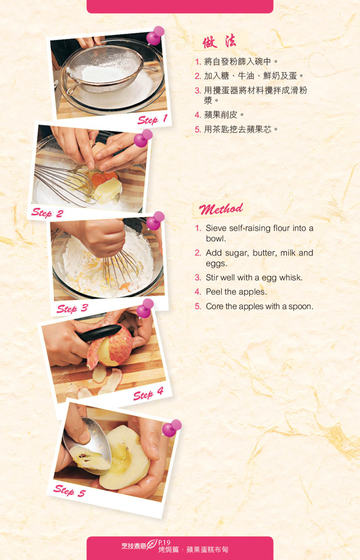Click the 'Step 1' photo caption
click(x=152, y=119)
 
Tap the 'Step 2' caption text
click(x=47, y=213)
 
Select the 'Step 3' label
click(x=72, y=308)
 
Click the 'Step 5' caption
click(x=70, y=491)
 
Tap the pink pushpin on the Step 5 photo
click(x=172, y=428)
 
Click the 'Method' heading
click(x=221, y=209)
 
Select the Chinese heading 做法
click(x=219, y=41)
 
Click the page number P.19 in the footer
click(x=164, y=542)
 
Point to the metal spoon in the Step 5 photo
click(x=88, y=444)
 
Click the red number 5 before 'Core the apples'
click(x=198, y=306)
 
